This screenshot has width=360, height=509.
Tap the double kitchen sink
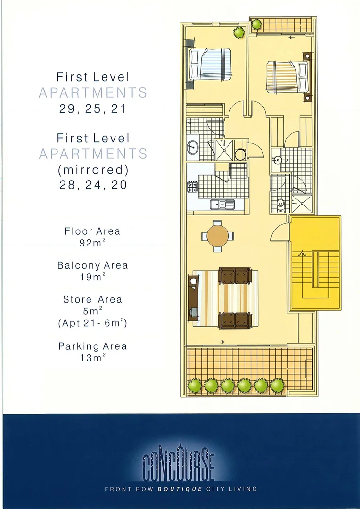222,204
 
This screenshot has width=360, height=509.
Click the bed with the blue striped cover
211,64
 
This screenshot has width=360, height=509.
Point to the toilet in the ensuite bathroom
281,203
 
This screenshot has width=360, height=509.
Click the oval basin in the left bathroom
192,147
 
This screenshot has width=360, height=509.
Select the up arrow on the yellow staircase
302,254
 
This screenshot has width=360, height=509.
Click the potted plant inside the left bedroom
239,33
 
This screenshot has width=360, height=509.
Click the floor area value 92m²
92,244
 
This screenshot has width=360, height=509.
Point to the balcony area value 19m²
92,277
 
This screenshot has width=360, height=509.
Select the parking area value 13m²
92,358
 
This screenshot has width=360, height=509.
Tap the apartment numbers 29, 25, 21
92,108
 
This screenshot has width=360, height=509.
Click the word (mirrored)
92,169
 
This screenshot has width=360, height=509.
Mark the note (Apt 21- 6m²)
92,323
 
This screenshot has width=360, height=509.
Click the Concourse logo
179,464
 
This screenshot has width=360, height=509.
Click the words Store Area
92,299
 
